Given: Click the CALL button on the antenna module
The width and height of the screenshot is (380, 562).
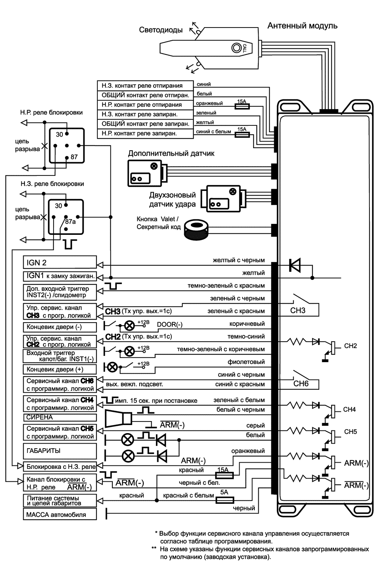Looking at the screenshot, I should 236,48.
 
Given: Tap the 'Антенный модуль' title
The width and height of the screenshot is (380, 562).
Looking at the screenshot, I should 302,26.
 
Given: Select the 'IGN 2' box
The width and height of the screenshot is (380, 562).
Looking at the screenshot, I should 60,262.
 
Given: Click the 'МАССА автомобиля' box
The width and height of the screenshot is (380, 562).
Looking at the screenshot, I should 60,515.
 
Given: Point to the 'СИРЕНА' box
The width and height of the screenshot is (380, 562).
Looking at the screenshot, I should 60,417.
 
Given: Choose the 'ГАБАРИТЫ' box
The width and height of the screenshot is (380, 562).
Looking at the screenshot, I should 60,451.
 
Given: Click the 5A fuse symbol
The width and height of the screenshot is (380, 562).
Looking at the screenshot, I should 224,501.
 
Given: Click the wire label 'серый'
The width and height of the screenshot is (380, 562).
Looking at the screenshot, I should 256,425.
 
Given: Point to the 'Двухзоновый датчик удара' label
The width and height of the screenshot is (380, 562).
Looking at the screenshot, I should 172,199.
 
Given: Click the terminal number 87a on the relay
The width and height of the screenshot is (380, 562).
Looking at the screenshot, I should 70,222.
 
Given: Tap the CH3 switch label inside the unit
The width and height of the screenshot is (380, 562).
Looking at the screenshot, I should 298,310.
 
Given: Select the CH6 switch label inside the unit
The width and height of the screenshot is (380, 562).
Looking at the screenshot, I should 301,384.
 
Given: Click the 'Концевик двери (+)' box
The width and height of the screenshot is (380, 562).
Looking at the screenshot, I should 60,369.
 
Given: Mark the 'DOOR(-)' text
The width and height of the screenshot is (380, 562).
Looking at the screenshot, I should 169,324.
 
